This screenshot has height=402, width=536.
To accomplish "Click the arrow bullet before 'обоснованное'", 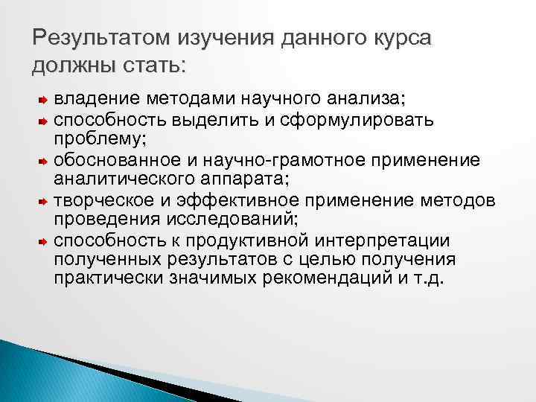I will click(42, 160).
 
